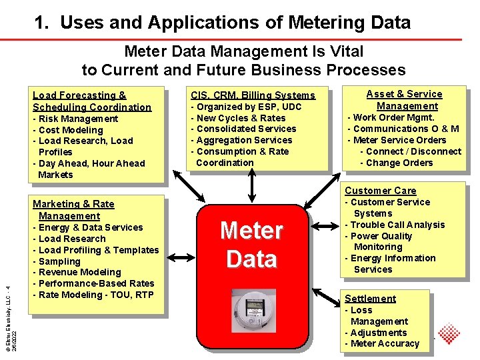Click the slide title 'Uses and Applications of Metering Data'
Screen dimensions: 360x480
point(223,23)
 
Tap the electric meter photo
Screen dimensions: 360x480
point(251,311)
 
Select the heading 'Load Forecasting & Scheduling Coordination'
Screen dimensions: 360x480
point(92,101)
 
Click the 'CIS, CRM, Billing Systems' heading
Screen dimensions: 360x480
point(253,95)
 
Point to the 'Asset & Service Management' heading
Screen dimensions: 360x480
point(405,100)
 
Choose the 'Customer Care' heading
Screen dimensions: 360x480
point(380,191)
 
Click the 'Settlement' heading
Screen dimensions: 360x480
point(370,299)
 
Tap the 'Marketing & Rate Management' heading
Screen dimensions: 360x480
point(73,210)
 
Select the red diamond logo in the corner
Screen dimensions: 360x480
point(449,334)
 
